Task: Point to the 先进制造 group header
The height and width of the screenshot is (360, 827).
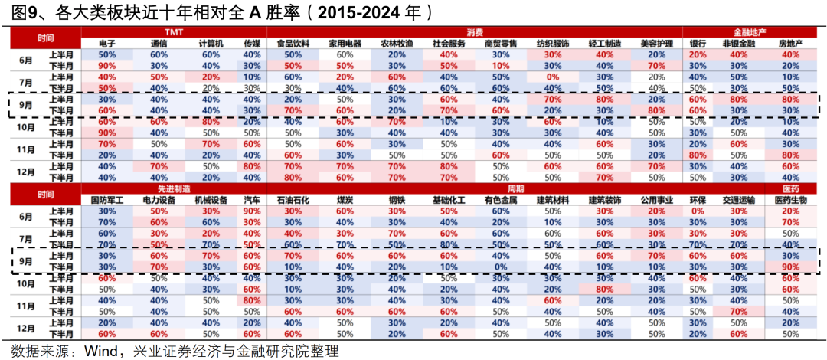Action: point(172,188)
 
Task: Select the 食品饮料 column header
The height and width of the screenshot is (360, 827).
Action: point(293,44)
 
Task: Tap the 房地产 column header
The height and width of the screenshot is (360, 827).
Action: point(790,44)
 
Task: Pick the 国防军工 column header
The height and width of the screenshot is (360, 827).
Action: point(106,200)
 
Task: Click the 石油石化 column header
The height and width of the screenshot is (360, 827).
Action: point(292,200)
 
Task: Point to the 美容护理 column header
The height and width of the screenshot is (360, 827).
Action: point(655,44)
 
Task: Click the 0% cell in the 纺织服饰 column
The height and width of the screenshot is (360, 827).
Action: point(551,77)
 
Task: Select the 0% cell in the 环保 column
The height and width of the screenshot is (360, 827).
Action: point(697,211)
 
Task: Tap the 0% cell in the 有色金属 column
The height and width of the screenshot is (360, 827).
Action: point(500,267)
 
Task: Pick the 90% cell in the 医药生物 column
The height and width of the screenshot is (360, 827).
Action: point(790,267)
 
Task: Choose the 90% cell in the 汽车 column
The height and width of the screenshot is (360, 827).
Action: point(251,211)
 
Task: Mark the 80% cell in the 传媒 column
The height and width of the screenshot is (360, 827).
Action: point(251,165)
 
